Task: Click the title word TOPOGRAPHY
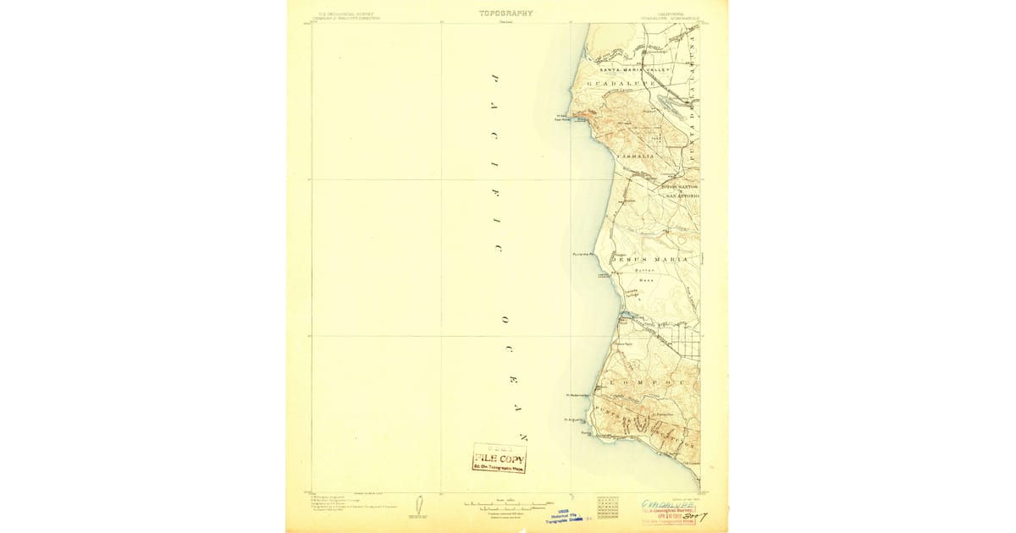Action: pos(506,13)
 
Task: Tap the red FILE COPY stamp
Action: pos(500,459)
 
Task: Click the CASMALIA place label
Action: pos(635,157)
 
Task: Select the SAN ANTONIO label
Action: pos(682,196)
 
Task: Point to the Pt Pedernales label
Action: pos(577,394)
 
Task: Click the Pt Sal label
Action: pos(560,117)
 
